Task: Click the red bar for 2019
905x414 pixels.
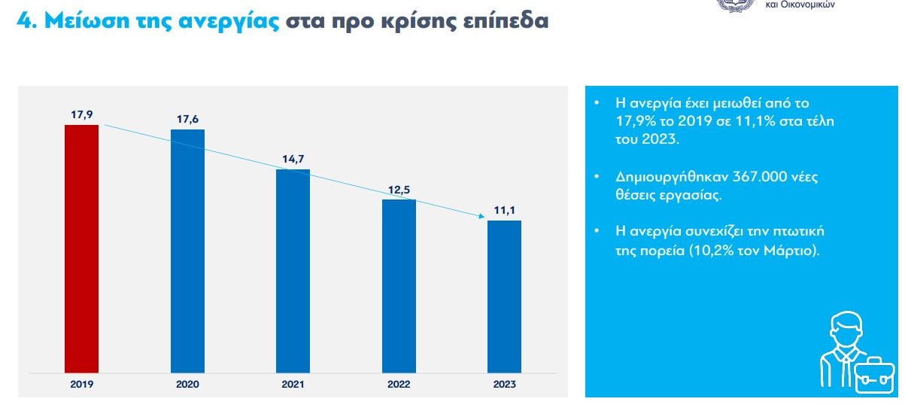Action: click(81, 248)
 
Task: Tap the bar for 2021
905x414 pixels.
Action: click(293, 271)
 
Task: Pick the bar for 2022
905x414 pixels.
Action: click(399, 286)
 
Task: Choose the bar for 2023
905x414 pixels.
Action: click(504, 297)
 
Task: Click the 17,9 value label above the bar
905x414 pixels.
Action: click(82, 114)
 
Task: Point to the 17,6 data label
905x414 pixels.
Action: click(187, 119)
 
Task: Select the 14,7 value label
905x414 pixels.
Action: click(293, 159)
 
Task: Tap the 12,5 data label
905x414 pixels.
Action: click(399, 190)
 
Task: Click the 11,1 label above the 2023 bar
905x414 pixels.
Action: click(504, 210)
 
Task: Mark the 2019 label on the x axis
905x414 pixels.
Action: click(81, 384)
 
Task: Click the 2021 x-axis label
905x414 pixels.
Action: click(293, 384)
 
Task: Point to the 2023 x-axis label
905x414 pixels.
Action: click(504, 384)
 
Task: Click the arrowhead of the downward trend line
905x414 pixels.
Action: click(479, 217)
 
